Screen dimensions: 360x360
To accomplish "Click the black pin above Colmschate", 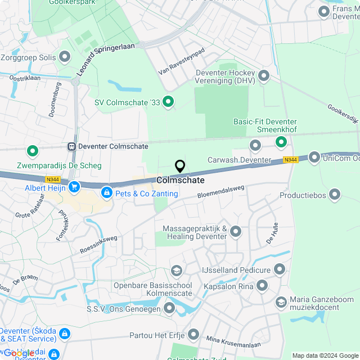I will click(x=180, y=166).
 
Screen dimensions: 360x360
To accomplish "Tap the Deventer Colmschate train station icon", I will click(x=71, y=146).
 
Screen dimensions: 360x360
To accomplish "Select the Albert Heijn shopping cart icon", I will click(x=73, y=187).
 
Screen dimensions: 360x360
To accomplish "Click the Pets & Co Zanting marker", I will click(x=106, y=193).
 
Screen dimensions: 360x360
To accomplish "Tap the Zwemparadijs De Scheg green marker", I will click(x=33, y=151).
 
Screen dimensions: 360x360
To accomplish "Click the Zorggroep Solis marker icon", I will click(x=65, y=57).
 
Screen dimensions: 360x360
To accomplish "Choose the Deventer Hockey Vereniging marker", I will click(x=263, y=76).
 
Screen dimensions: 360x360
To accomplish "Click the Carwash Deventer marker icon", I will click(x=255, y=146).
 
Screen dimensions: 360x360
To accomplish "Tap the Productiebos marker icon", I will click(x=335, y=195).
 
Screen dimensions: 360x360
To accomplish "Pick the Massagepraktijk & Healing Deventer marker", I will click(x=236, y=231).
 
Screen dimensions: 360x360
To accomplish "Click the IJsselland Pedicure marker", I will click(x=280, y=270).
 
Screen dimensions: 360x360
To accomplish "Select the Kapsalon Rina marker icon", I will click(x=262, y=286).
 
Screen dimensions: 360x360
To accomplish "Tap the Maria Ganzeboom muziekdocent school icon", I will click(x=281, y=303).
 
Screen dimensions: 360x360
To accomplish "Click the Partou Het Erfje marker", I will click(x=194, y=335).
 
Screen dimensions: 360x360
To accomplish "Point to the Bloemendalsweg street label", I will click(x=221, y=192).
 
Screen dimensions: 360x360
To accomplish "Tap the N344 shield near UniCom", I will click(x=290, y=160).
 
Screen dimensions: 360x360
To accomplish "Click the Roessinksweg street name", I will click(x=98, y=245).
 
